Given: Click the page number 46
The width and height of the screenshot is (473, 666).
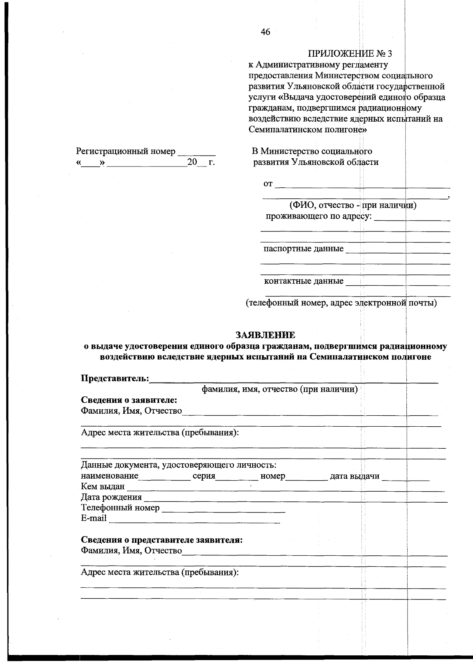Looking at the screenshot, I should [x=265, y=32].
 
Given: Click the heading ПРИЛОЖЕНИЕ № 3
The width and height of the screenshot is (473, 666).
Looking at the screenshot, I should [x=350, y=54].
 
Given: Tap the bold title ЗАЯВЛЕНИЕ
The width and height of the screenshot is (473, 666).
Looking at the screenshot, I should [x=265, y=335].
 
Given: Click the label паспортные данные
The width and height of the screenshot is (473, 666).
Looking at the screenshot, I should [x=303, y=249].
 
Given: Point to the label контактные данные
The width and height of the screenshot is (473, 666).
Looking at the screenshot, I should [x=304, y=281].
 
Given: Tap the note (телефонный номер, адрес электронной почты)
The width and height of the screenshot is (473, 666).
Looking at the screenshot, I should [x=341, y=303].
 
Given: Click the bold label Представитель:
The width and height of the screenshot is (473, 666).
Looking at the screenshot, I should [x=115, y=378].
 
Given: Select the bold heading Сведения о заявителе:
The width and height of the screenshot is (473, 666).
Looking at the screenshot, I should [x=129, y=400].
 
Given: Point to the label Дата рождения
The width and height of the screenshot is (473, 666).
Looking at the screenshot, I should [x=111, y=497].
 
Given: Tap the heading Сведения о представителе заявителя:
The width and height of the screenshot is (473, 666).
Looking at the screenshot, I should [x=162, y=540].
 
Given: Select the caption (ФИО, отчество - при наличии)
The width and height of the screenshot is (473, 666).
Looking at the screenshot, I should [x=353, y=205].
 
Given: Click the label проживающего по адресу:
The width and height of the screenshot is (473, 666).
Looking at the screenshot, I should [x=318, y=216].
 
